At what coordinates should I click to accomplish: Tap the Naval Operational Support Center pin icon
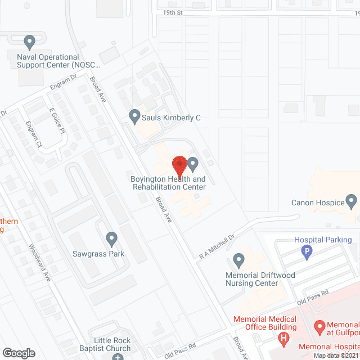click(x=30, y=42)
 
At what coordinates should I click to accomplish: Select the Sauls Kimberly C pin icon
click(x=134, y=116)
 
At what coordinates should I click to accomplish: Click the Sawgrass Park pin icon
click(x=111, y=239)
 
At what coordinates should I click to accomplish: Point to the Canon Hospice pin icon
click(x=352, y=201)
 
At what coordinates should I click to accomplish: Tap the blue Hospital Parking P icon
click(x=307, y=253)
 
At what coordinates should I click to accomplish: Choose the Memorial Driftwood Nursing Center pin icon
click(x=238, y=260)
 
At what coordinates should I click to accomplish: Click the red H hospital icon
click(x=283, y=338)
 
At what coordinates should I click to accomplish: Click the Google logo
click(x=19, y=353)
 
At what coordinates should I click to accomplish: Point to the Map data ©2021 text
click(x=335, y=355)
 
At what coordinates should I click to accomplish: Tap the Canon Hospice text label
click(x=317, y=203)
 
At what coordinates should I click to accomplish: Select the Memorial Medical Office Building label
click(x=265, y=323)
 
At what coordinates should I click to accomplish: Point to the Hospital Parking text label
click(x=323, y=240)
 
